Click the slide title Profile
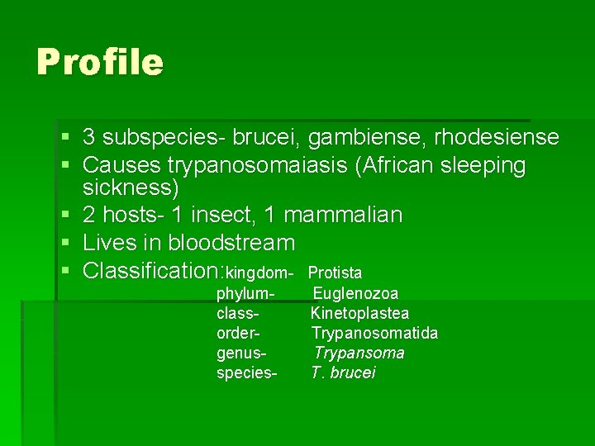point(100,62)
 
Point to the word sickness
point(131,187)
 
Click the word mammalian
point(343,216)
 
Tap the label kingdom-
point(259,273)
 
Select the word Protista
point(335,273)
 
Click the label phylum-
point(245,293)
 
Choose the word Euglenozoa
point(355,293)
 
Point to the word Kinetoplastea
point(359,313)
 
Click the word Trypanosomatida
point(374,333)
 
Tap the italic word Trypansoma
point(359,353)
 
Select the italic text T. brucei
point(343,372)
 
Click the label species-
point(246,372)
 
